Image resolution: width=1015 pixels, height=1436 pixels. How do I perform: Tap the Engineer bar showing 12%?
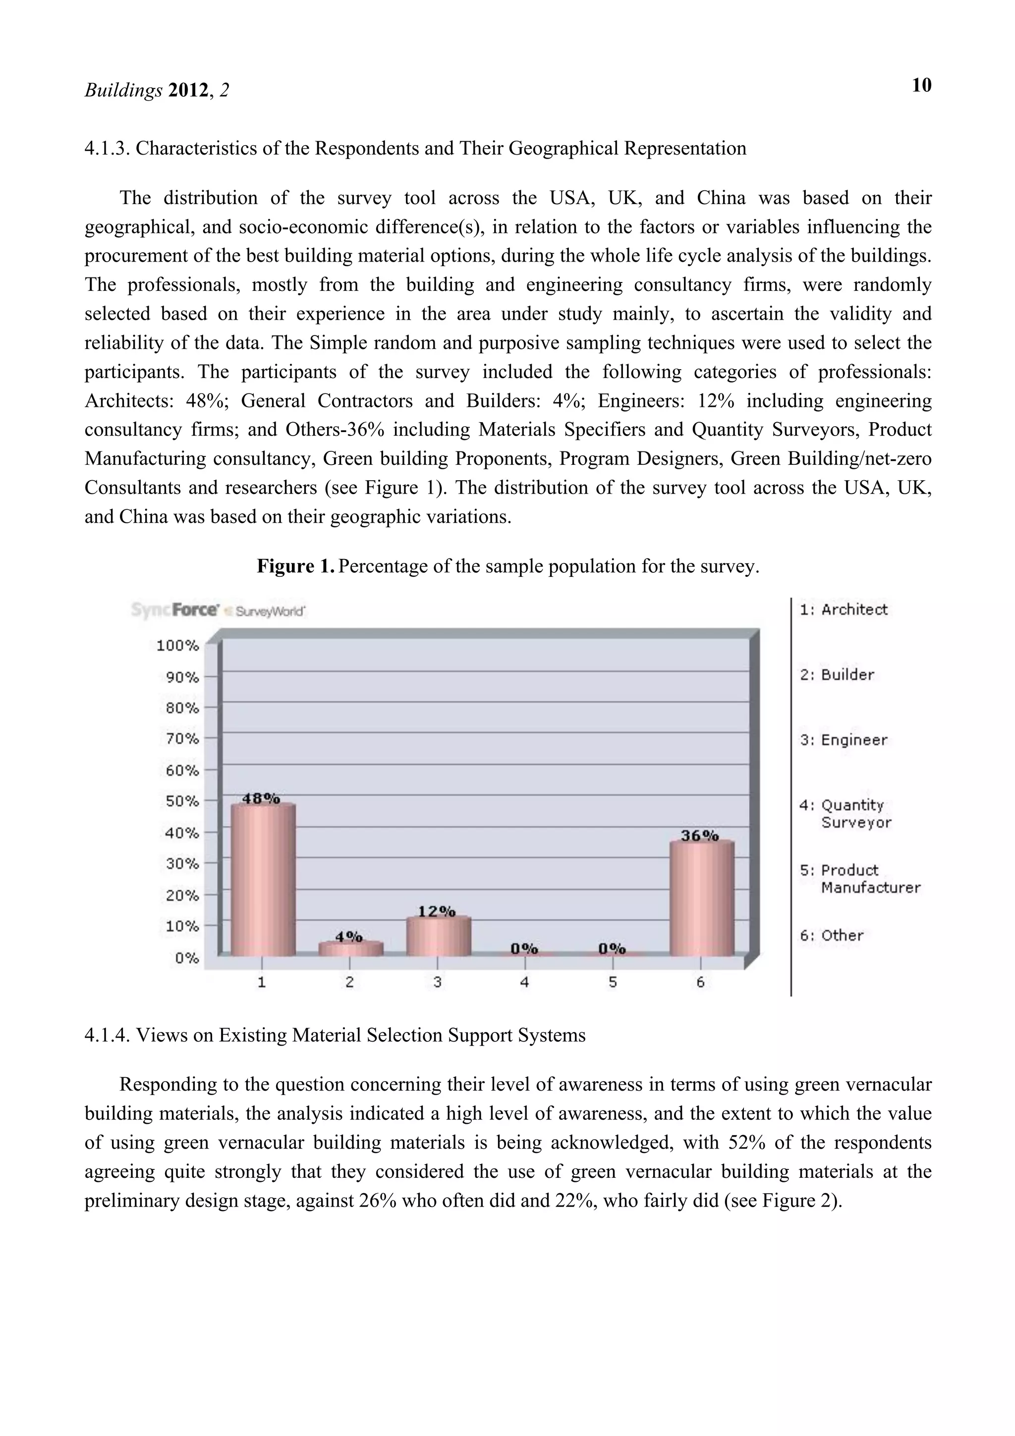click(x=438, y=937)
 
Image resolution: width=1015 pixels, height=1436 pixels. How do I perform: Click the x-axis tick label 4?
click(x=525, y=983)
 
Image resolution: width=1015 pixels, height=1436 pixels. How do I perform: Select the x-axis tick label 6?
click(x=700, y=983)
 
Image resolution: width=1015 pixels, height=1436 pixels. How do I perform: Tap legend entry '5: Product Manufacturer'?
click(x=859, y=879)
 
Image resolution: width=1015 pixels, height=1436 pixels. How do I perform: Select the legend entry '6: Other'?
click(x=832, y=936)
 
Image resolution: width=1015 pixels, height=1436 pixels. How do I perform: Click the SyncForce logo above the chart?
click(x=175, y=610)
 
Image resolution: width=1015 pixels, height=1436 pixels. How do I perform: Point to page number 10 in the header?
click(x=921, y=86)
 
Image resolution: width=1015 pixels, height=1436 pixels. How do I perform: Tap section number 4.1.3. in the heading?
click(x=107, y=149)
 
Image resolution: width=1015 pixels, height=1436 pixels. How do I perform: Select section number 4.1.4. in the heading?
click(x=107, y=1036)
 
